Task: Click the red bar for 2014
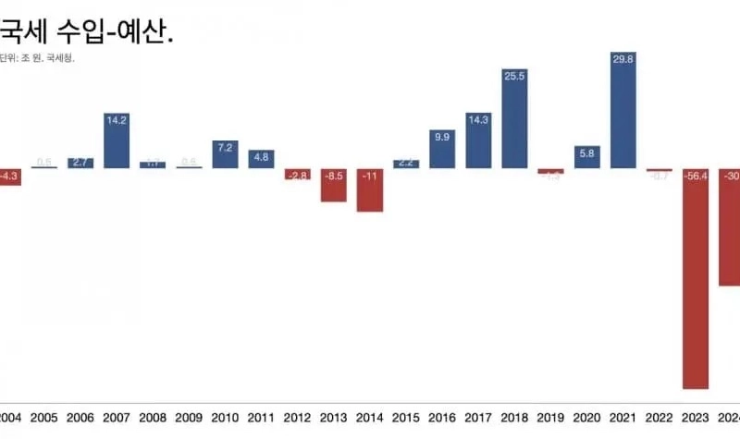coord(370,190)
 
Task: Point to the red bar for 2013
coord(334,185)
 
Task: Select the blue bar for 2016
coord(442,150)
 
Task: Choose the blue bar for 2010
coord(226,156)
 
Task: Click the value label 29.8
coord(623,59)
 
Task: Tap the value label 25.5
coord(515,76)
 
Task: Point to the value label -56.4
coord(696,177)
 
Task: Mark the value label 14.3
coord(478,119)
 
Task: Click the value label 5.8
coord(586,152)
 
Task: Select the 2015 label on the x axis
coord(406,419)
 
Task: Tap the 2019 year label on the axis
coord(550,419)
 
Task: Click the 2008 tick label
coord(153,419)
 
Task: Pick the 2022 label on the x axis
coord(659,419)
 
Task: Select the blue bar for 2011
coord(262,159)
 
